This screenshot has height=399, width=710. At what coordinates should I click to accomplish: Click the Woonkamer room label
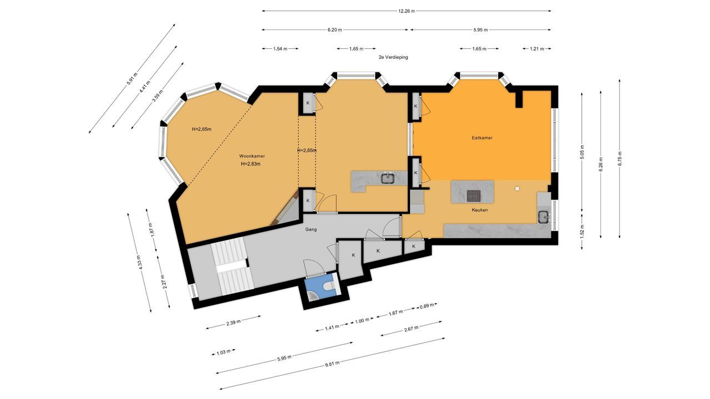[252, 156]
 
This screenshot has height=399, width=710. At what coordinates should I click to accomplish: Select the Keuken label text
[480, 210]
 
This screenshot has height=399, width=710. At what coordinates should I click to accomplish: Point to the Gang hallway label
[311, 229]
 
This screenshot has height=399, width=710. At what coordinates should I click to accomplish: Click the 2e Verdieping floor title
[393, 57]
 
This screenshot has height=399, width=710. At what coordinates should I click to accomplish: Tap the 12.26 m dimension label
[407, 11]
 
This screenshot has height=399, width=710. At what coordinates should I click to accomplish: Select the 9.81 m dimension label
[332, 364]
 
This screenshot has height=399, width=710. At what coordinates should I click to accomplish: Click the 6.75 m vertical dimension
[620, 158]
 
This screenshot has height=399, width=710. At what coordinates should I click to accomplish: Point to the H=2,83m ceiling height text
[251, 164]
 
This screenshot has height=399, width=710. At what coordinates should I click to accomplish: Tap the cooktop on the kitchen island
[474, 196]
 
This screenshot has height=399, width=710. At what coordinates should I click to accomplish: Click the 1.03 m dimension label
[224, 352]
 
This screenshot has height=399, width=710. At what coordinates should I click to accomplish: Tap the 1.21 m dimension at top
[537, 49]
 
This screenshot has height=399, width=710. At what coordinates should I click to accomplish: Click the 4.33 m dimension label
[140, 262]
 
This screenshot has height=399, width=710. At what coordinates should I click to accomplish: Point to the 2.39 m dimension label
[234, 323]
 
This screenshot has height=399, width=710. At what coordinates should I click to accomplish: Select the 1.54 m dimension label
[280, 49]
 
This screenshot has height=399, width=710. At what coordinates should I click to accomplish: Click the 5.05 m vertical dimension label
[582, 151]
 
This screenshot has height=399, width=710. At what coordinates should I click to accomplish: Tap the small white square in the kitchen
[518, 188]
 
